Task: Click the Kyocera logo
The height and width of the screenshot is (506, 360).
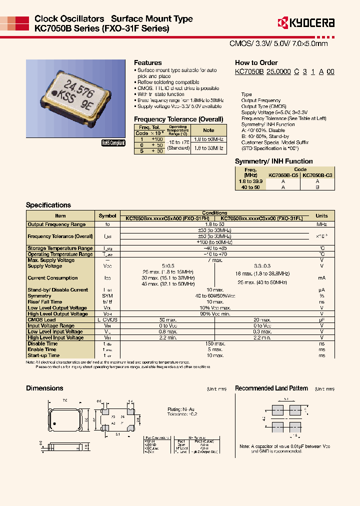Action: [305, 22]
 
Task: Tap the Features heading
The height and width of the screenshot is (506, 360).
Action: [147, 63]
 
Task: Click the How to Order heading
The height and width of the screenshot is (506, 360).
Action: [256, 63]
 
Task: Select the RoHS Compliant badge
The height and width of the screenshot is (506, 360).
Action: [113, 142]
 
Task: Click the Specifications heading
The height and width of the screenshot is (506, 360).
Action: [48, 205]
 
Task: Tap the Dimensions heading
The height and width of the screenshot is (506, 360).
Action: [44, 388]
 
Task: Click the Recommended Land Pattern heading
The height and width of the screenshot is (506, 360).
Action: [271, 388]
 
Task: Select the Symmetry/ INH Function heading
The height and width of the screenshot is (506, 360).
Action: [273, 161]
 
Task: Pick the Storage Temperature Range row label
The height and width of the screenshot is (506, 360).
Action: [60, 248]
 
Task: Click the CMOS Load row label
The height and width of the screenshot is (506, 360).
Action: [41, 319]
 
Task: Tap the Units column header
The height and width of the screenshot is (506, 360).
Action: [321, 216]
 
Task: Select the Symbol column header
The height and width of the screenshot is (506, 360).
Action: [107, 216]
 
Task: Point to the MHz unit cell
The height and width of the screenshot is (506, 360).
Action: [321, 224]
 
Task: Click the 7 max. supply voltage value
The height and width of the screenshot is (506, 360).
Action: [215, 260]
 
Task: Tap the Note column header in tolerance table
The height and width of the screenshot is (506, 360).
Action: [208, 130]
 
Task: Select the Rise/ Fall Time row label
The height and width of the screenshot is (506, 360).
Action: [45, 302]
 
